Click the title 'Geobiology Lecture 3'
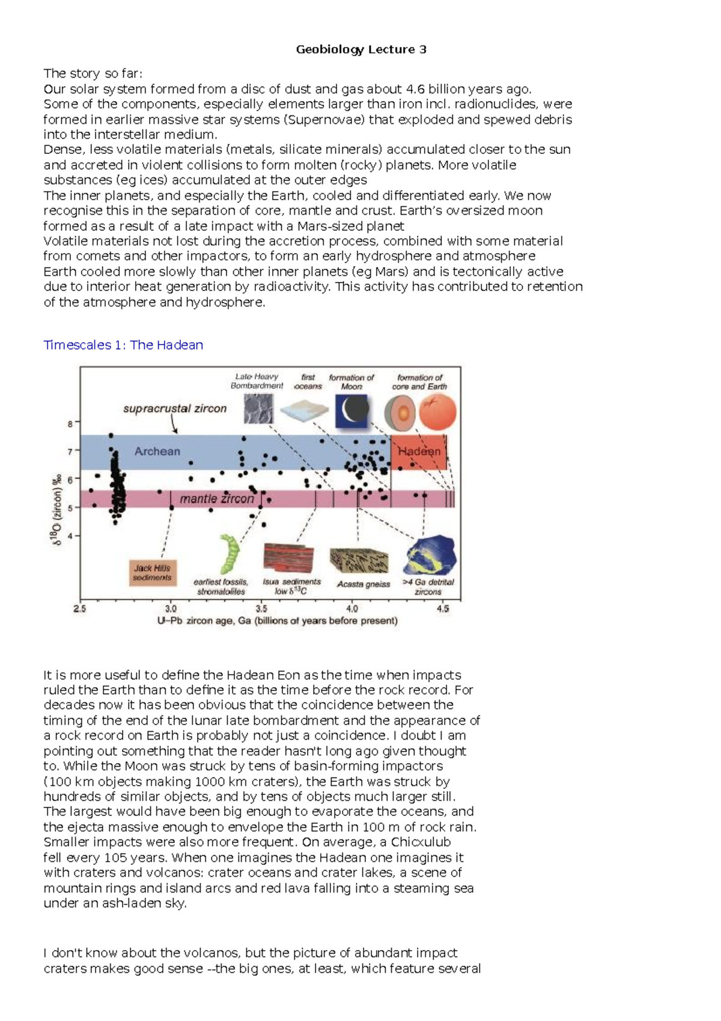click(x=361, y=49)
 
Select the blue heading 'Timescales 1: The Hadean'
click(x=123, y=345)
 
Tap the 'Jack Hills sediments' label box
click(x=152, y=572)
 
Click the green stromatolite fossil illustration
click(x=229, y=554)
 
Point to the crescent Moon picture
click(x=351, y=411)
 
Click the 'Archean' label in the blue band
click(x=157, y=451)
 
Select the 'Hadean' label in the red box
click(x=419, y=451)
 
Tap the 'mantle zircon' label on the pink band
click(x=217, y=498)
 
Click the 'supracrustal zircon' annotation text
click(x=175, y=408)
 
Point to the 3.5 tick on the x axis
click(x=261, y=609)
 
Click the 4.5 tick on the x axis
click(x=443, y=609)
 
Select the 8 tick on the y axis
click(x=70, y=423)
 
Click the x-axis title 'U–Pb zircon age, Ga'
click(x=277, y=621)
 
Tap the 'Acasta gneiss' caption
click(x=363, y=584)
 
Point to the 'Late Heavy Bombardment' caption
click(x=257, y=381)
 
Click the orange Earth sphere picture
click(x=437, y=412)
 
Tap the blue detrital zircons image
click(x=430, y=555)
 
